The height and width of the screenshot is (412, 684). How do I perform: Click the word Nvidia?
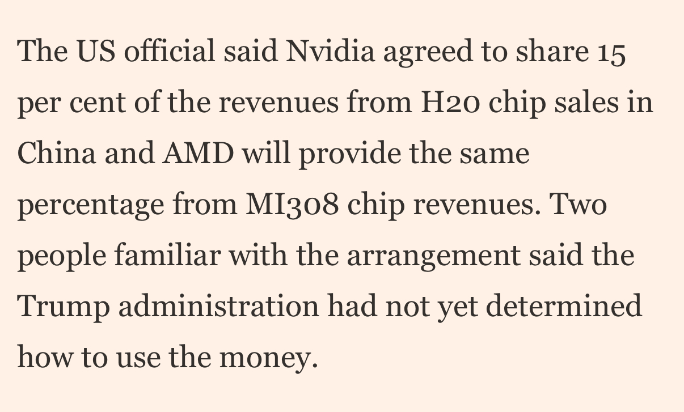pyautogui.click(x=330, y=51)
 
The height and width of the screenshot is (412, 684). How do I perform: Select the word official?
pyautogui.click(x=170, y=50)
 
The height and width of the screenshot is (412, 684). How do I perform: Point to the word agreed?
pyautogui.click(x=428, y=53)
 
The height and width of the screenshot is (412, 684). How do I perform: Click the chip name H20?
pyautogui.click(x=450, y=102)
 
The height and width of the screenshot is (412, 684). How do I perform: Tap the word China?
pyautogui.click(x=57, y=153)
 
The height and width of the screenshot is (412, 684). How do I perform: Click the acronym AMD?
pyautogui.click(x=198, y=153)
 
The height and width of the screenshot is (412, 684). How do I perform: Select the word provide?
pyautogui.click(x=349, y=155)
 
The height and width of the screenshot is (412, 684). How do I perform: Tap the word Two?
pyautogui.click(x=578, y=204)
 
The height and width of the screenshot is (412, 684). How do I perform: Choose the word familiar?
pyautogui.click(x=168, y=254)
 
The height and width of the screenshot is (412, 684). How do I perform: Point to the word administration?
pyautogui.click(x=218, y=306)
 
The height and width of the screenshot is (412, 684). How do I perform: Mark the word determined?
pyautogui.click(x=564, y=305)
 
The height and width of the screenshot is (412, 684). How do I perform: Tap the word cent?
pyautogui.click(x=98, y=103)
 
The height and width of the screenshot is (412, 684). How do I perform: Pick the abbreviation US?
pyautogui.click(x=96, y=51)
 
